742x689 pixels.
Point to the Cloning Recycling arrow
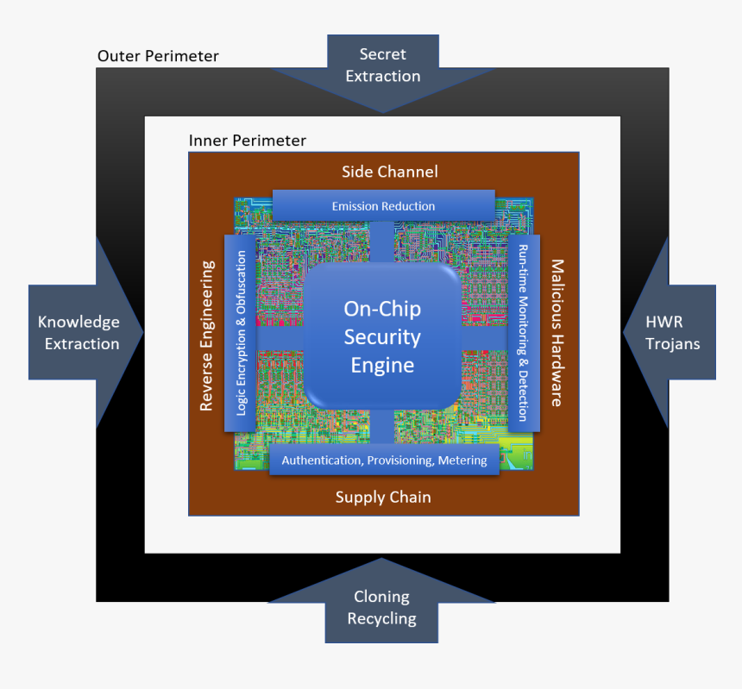tap(381, 608)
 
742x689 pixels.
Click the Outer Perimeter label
tap(158, 57)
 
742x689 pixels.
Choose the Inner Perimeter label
tap(247, 141)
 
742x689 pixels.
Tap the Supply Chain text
tap(383, 497)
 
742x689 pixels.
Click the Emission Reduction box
tap(383, 206)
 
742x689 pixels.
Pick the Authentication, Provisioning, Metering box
tap(384, 460)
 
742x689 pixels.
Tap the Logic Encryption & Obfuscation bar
tap(241, 333)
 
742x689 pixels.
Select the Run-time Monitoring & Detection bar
tap(523, 333)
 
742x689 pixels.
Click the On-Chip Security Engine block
tap(382, 336)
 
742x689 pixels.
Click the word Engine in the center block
tap(382, 366)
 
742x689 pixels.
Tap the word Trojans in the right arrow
tap(673, 344)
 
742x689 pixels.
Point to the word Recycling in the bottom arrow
tap(381, 619)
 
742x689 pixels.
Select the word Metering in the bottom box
tap(462, 460)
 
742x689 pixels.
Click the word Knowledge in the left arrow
tap(79, 322)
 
